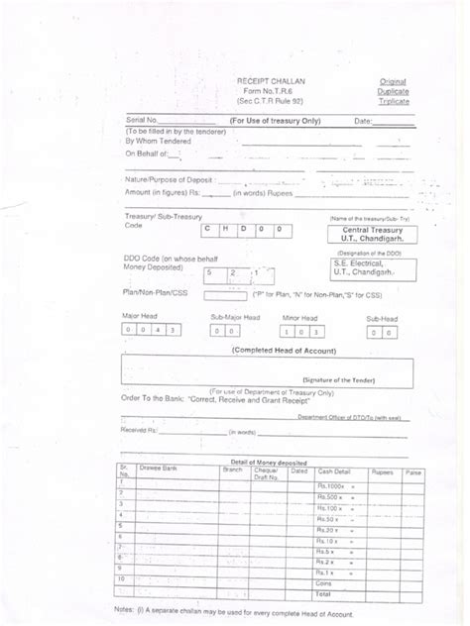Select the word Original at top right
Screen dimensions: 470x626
(393, 80)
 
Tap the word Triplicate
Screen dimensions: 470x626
(393, 101)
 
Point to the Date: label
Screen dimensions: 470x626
(363, 121)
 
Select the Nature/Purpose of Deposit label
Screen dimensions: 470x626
(169, 180)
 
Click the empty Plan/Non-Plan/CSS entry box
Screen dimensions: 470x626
(223, 295)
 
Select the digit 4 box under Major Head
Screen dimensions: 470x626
(159, 330)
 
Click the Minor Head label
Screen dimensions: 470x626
(298, 318)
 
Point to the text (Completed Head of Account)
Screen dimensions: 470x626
(284, 351)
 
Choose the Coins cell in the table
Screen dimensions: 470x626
(325, 585)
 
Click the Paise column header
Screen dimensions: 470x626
(413, 473)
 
